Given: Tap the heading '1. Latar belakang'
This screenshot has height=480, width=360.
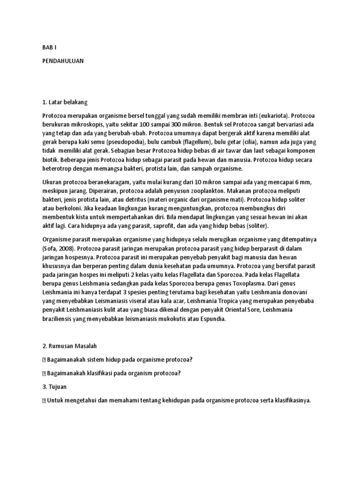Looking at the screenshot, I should point(65,102).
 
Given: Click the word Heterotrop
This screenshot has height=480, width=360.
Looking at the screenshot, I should point(57,169).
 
